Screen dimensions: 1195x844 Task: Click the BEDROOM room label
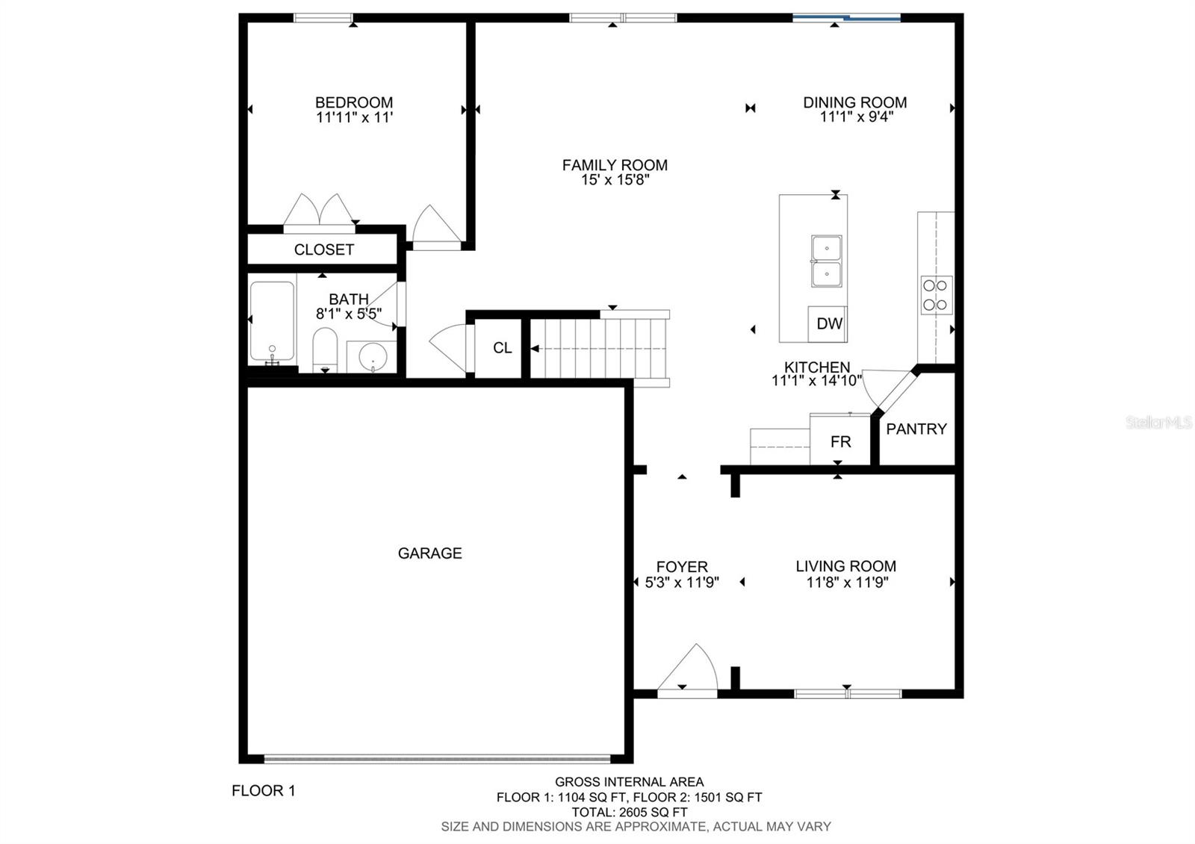click(x=354, y=102)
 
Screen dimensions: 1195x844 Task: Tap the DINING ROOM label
click(x=854, y=102)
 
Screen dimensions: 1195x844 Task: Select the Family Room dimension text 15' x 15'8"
click(x=615, y=180)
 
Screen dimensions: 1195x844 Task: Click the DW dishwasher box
click(x=828, y=324)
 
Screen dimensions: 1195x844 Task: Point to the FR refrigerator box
click(x=840, y=439)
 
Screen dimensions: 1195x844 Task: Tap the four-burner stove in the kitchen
click(x=937, y=295)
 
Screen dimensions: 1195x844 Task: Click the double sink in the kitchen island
click(x=826, y=261)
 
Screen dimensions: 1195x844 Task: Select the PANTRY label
click(x=916, y=429)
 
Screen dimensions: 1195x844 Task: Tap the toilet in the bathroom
click(x=325, y=350)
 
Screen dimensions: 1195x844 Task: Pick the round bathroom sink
click(x=373, y=356)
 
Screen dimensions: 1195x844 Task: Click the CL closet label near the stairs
click(x=502, y=348)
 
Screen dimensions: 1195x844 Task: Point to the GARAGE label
click(x=430, y=553)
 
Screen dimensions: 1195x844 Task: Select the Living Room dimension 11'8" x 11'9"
click(x=847, y=582)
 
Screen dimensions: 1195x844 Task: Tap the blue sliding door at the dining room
click(x=847, y=19)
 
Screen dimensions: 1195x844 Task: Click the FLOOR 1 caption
click(x=264, y=791)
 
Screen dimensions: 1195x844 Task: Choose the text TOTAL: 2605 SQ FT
click(x=630, y=812)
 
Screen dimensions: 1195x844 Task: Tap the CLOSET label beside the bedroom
click(x=324, y=249)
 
